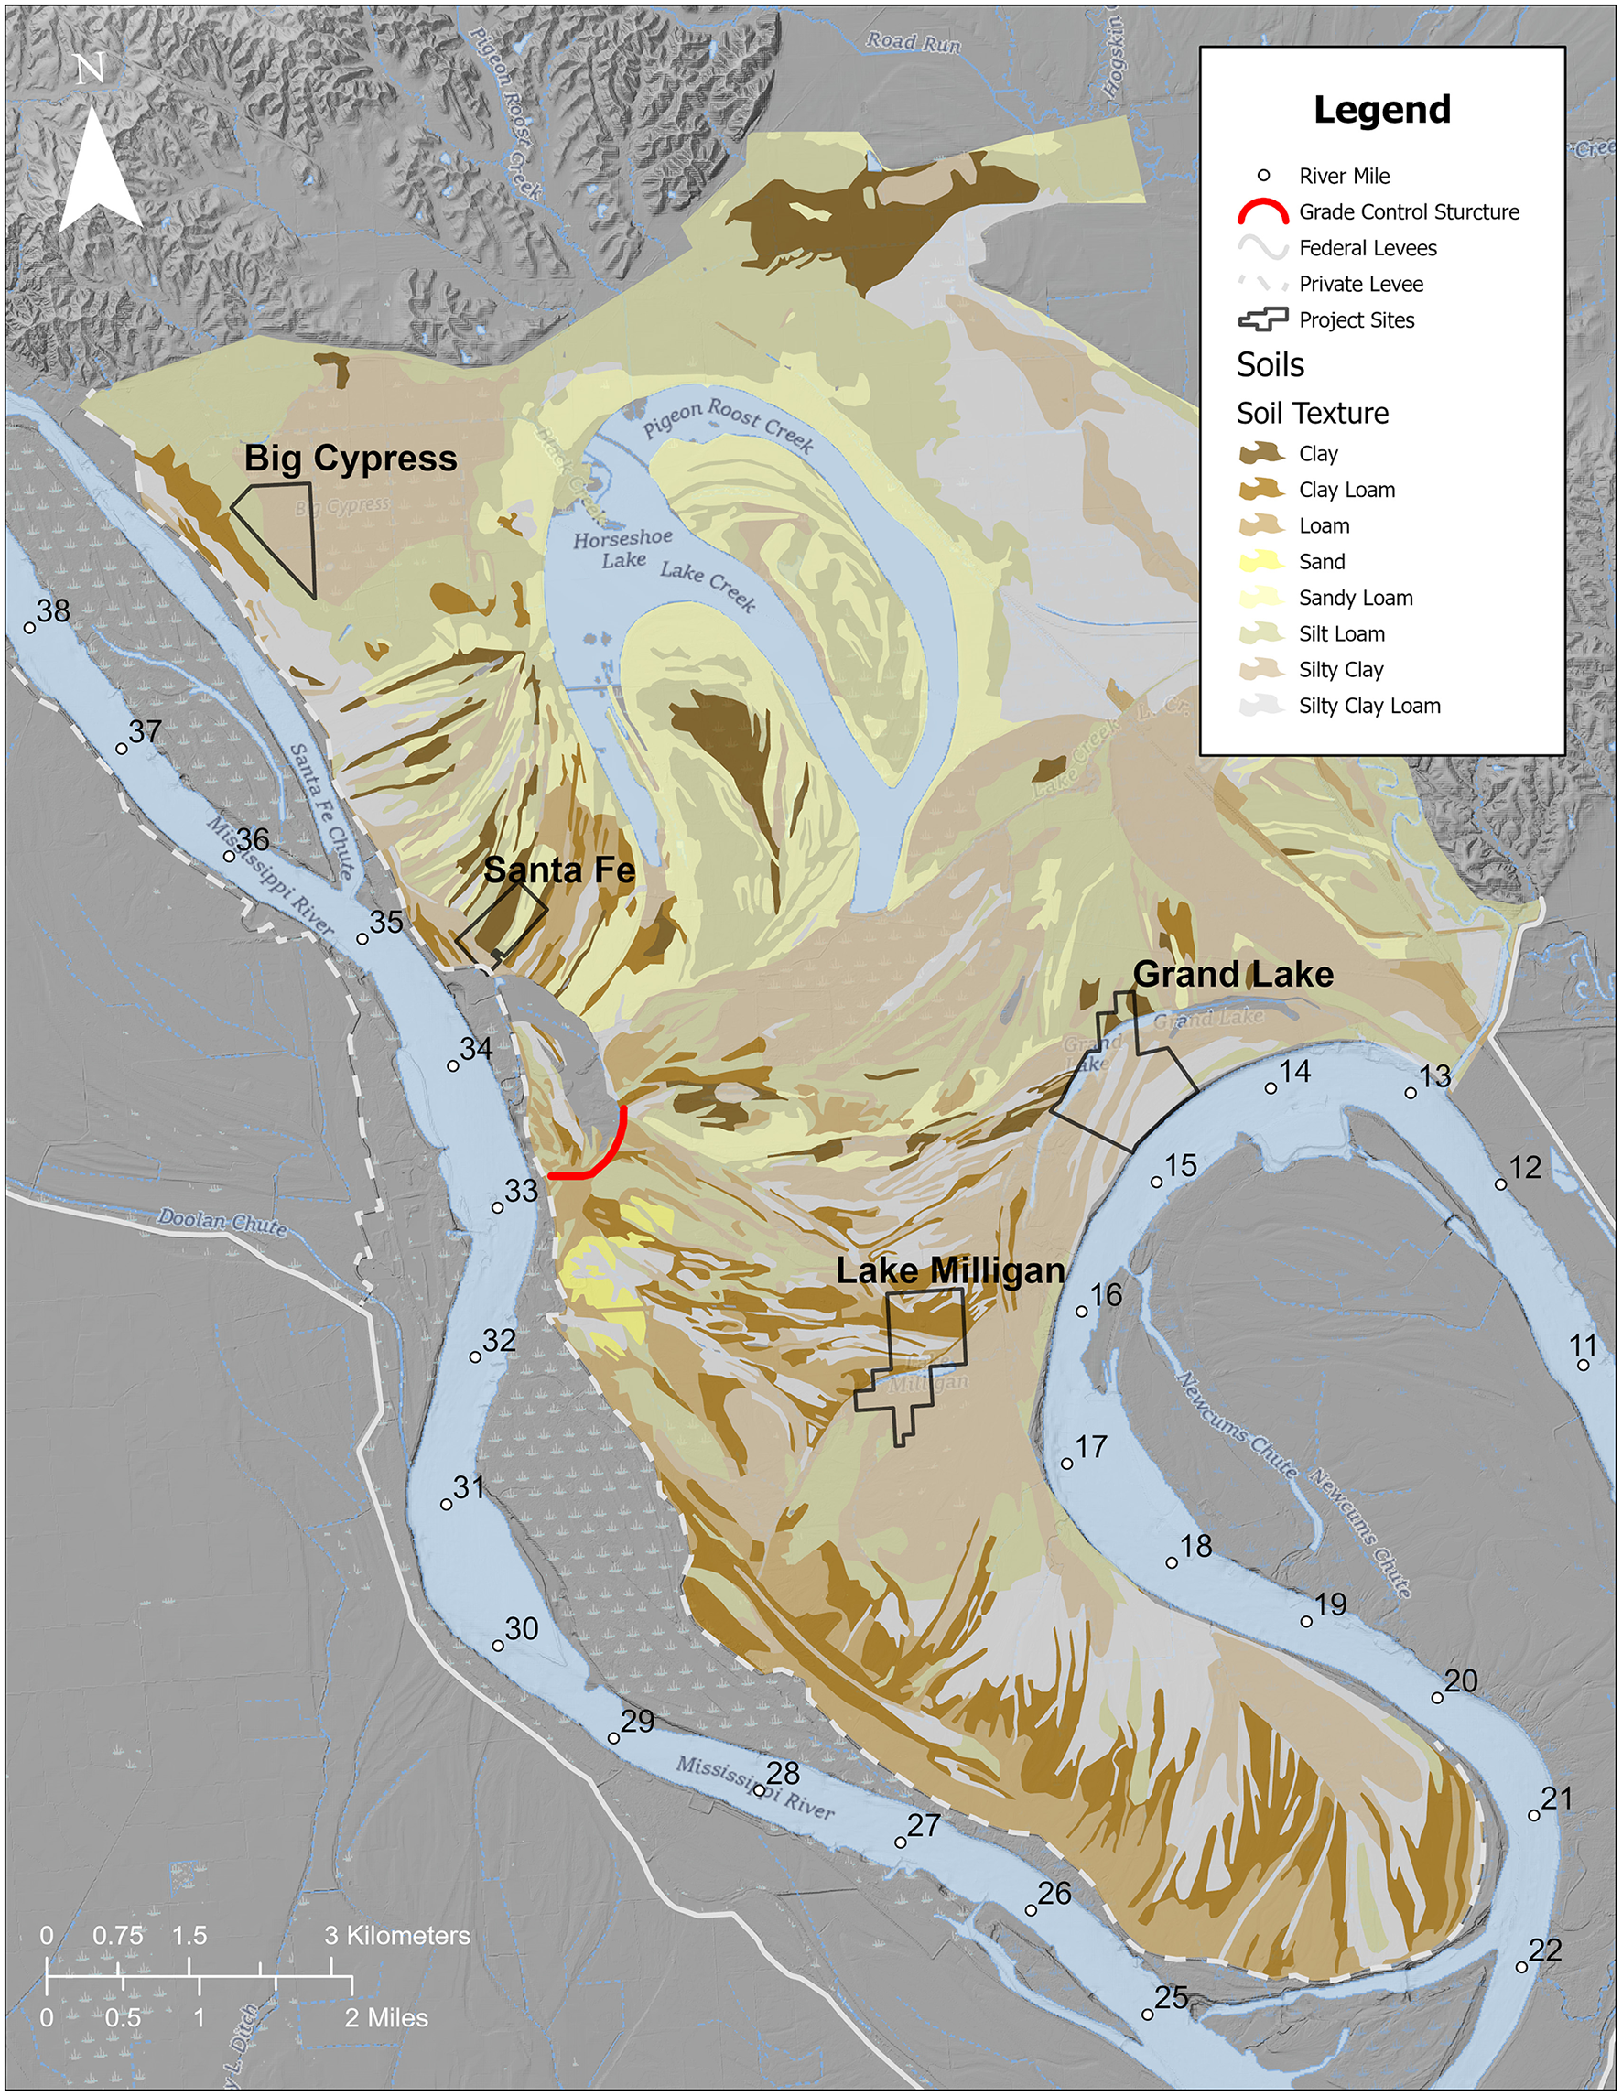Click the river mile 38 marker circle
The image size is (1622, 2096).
(30, 629)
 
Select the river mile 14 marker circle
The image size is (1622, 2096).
(1271, 1088)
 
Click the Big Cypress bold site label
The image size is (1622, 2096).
(351, 458)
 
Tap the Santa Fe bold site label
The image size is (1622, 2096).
(558, 870)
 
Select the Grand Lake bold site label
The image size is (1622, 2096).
(1232, 974)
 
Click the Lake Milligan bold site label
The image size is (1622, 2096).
(950, 1270)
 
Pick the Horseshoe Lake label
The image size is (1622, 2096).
(622, 549)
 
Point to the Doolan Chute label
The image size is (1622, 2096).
(222, 1223)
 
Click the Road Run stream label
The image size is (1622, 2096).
(913, 42)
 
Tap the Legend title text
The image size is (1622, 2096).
(1381, 110)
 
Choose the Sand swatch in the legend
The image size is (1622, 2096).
(1262, 561)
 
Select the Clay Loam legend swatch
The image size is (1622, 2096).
(1262, 490)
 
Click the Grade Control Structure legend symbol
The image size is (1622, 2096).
(1262, 212)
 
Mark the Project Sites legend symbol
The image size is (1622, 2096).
(1262, 319)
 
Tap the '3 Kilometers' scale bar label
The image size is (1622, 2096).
(397, 1936)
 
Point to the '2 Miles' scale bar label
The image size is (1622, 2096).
(386, 2017)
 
